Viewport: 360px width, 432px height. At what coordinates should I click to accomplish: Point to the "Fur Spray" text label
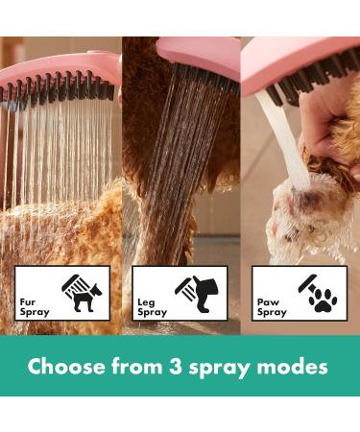coord(33,305)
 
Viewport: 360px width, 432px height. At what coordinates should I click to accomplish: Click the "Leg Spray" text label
coord(152,305)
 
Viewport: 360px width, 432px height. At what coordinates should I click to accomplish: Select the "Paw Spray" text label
coord(272,305)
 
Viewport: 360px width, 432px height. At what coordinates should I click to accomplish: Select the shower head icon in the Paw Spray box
coord(310,281)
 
